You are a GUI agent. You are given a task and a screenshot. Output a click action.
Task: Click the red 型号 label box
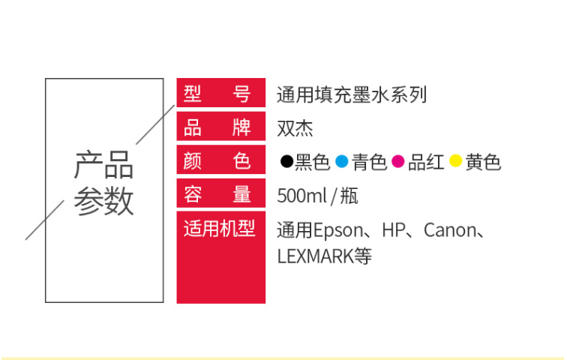(x=221, y=92)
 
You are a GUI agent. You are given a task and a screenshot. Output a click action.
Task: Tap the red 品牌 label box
(x=221, y=126)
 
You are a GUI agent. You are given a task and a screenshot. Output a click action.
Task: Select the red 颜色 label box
(x=221, y=160)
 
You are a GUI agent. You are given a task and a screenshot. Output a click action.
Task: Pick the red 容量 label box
(x=221, y=193)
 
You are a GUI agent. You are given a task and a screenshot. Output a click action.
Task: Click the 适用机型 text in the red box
(x=220, y=229)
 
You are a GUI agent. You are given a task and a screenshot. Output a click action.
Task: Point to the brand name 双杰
(x=295, y=128)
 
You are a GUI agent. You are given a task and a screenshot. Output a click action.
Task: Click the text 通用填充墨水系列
(x=352, y=94)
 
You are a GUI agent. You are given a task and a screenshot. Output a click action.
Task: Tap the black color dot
(x=286, y=160)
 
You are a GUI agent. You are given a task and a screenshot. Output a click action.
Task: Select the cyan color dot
(x=342, y=160)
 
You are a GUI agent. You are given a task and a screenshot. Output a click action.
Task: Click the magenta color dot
(x=398, y=160)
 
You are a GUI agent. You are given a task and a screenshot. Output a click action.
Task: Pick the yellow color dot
(x=456, y=160)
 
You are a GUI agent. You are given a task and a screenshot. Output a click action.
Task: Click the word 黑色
(x=313, y=162)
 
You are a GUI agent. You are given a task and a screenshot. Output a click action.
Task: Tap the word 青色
(x=369, y=162)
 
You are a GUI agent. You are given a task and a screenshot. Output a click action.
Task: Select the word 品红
(x=426, y=162)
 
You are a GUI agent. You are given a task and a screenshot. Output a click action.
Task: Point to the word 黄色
(x=483, y=162)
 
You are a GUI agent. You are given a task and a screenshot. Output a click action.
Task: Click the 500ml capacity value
(x=302, y=196)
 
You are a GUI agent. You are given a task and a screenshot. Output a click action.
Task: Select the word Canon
(x=450, y=230)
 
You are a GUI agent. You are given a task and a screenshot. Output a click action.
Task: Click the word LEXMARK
(x=315, y=256)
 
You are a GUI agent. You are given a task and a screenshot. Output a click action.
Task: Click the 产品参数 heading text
(x=103, y=183)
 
